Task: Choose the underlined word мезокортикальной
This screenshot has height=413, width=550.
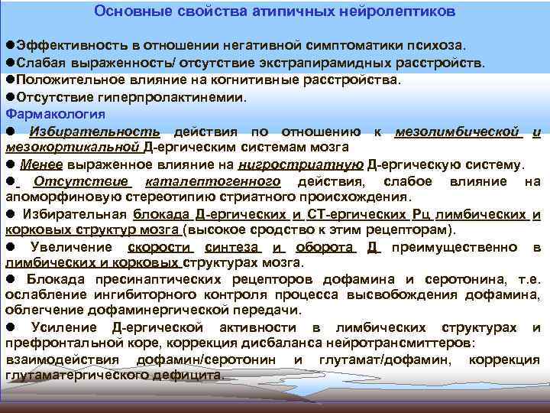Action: tap(72, 146)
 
